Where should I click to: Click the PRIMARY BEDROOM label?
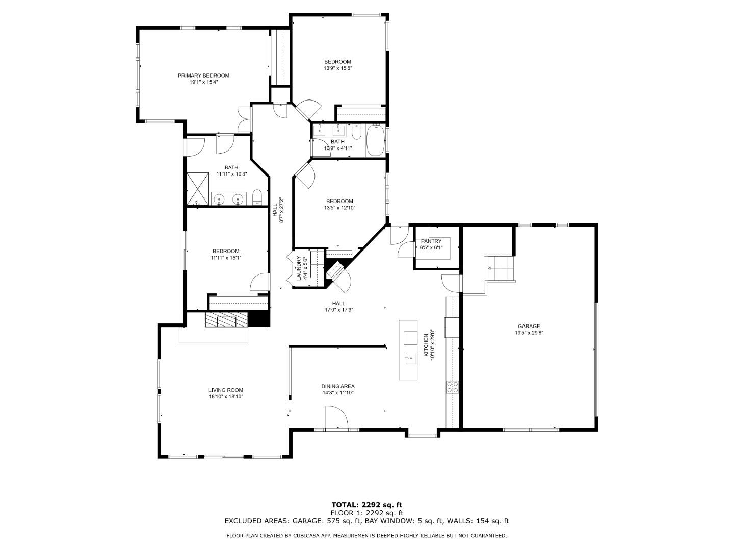click(203, 76)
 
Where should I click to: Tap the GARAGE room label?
click(529, 327)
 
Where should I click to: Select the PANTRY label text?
click(431, 241)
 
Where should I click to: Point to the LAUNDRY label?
click(299, 268)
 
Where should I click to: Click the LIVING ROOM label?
click(226, 390)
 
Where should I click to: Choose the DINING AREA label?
click(337, 386)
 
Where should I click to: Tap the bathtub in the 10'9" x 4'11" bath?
click(376, 141)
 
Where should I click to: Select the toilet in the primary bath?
click(257, 197)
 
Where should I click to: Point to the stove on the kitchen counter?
click(452, 387)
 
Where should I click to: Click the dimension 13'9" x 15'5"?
click(337, 68)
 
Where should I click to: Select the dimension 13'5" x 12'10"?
click(339, 208)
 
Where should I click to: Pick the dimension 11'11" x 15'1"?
click(226, 258)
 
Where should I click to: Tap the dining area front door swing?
click(336, 417)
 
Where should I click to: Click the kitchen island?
click(408, 350)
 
